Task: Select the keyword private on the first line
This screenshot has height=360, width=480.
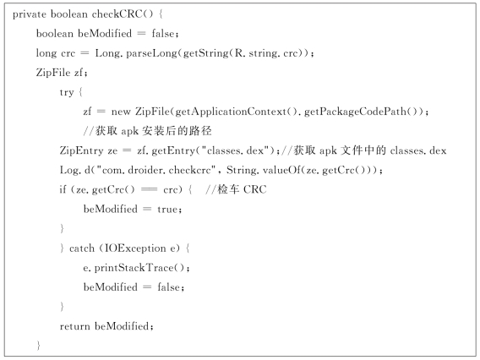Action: (30, 14)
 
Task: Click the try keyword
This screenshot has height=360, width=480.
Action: (67, 92)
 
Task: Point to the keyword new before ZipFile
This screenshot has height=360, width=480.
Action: (121, 112)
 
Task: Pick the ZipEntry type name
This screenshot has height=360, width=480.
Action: (81, 150)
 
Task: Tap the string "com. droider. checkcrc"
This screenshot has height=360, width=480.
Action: (155, 170)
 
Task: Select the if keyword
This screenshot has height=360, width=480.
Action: (63, 189)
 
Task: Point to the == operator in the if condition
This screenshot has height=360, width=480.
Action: (149, 190)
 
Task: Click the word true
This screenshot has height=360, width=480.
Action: (167, 210)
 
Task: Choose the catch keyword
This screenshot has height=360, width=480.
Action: (82, 248)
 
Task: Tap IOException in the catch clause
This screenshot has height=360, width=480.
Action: (135, 248)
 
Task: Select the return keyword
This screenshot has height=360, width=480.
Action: (74, 326)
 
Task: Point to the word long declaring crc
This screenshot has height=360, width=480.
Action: (46, 53)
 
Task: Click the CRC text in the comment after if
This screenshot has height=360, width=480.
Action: (255, 190)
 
